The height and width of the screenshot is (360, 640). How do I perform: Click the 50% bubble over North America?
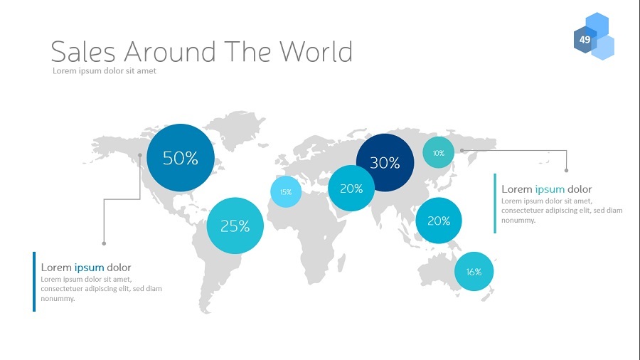click(x=181, y=157)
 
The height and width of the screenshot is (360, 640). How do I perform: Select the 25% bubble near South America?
click(x=235, y=226)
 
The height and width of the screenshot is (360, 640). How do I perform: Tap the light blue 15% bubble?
click(x=286, y=191)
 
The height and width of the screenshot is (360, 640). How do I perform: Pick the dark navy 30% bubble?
click(x=385, y=162)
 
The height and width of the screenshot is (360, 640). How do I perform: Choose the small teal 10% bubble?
click(x=438, y=153)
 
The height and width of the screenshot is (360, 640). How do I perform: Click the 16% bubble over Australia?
click(x=474, y=272)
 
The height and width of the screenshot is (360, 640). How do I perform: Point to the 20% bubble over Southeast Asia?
click(x=439, y=221)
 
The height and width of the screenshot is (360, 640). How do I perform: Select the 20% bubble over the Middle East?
click(x=351, y=188)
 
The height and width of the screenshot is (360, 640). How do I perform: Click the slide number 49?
click(x=585, y=40)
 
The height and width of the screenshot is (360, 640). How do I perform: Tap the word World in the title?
click(x=316, y=51)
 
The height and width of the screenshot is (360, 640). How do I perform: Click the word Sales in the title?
click(x=83, y=51)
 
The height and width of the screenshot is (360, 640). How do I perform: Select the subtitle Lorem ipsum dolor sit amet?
click(x=105, y=70)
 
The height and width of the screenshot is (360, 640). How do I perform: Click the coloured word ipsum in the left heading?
click(x=89, y=268)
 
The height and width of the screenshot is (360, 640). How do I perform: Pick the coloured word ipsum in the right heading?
click(x=550, y=189)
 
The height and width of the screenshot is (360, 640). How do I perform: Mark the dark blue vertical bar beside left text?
click(x=34, y=282)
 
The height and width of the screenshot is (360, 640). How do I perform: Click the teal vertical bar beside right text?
click(x=495, y=203)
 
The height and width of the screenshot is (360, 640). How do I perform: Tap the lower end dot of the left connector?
click(x=104, y=243)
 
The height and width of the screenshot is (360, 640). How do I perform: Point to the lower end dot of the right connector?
click(x=567, y=170)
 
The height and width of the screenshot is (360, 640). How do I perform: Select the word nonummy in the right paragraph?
click(x=518, y=221)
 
